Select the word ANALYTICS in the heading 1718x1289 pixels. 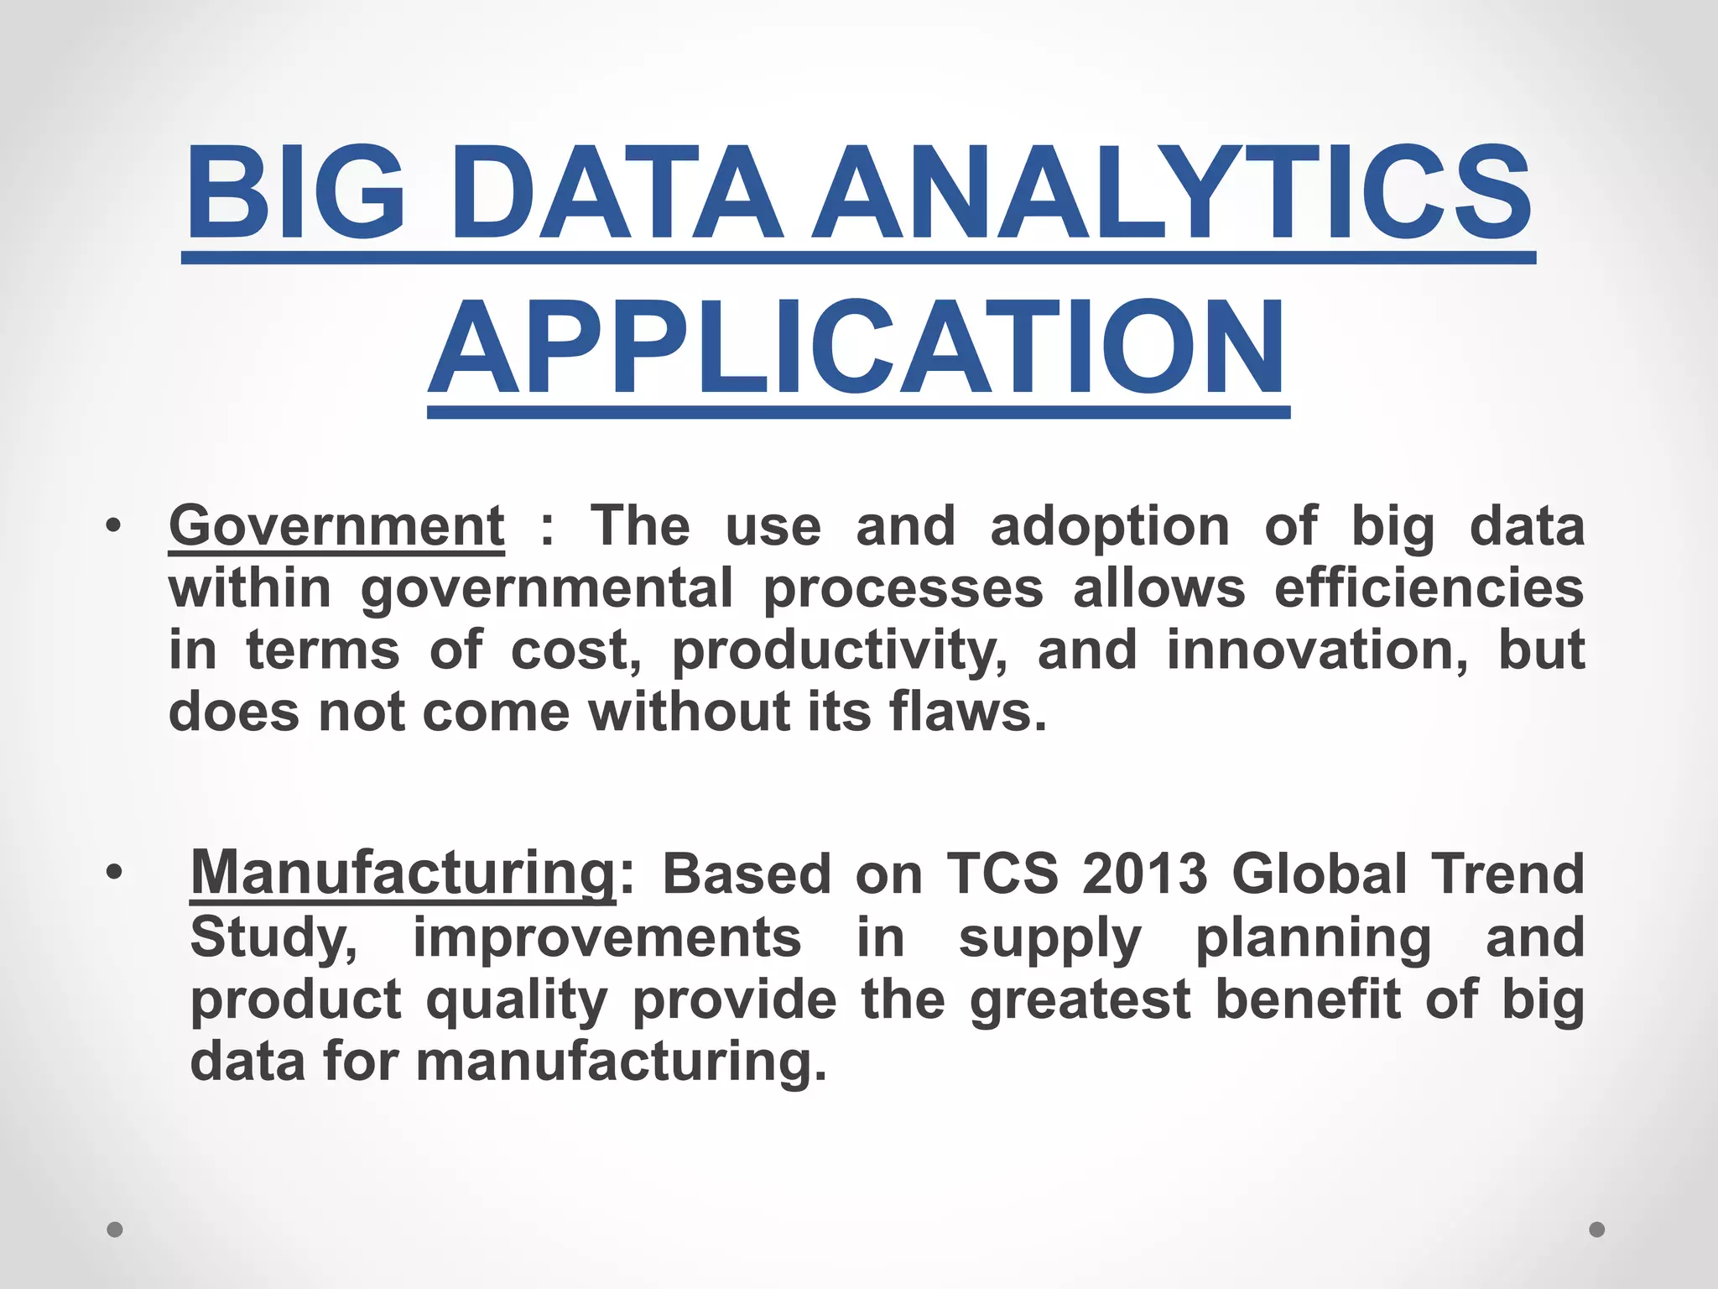(1172, 193)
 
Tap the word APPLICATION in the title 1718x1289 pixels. (857, 347)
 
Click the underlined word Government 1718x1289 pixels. (336, 526)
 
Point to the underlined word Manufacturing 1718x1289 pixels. (403, 874)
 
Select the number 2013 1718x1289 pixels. (1144, 874)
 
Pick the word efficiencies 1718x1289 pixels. (1429, 587)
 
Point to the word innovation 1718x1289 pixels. (1317, 650)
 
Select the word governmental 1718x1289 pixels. (547, 589)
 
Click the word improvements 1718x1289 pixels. (607, 937)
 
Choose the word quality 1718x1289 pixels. (516, 1001)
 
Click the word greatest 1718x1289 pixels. (1080, 1001)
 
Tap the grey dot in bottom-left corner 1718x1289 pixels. (115, 1229)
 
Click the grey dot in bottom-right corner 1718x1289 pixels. (1597, 1229)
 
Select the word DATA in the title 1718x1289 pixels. (617, 193)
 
